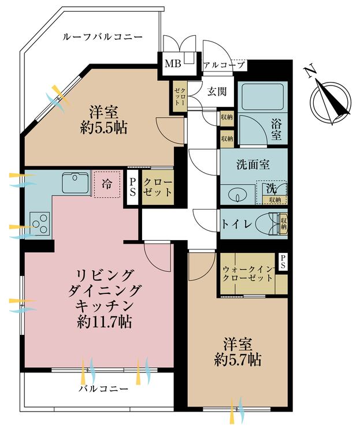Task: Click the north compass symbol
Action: click(x=330, y=99)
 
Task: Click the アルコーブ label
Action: click(x=224, y=65)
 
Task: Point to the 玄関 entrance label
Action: click(x=217, y=91)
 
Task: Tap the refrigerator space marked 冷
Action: click(x=107, y=185)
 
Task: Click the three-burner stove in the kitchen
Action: click(x=39, y=223)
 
